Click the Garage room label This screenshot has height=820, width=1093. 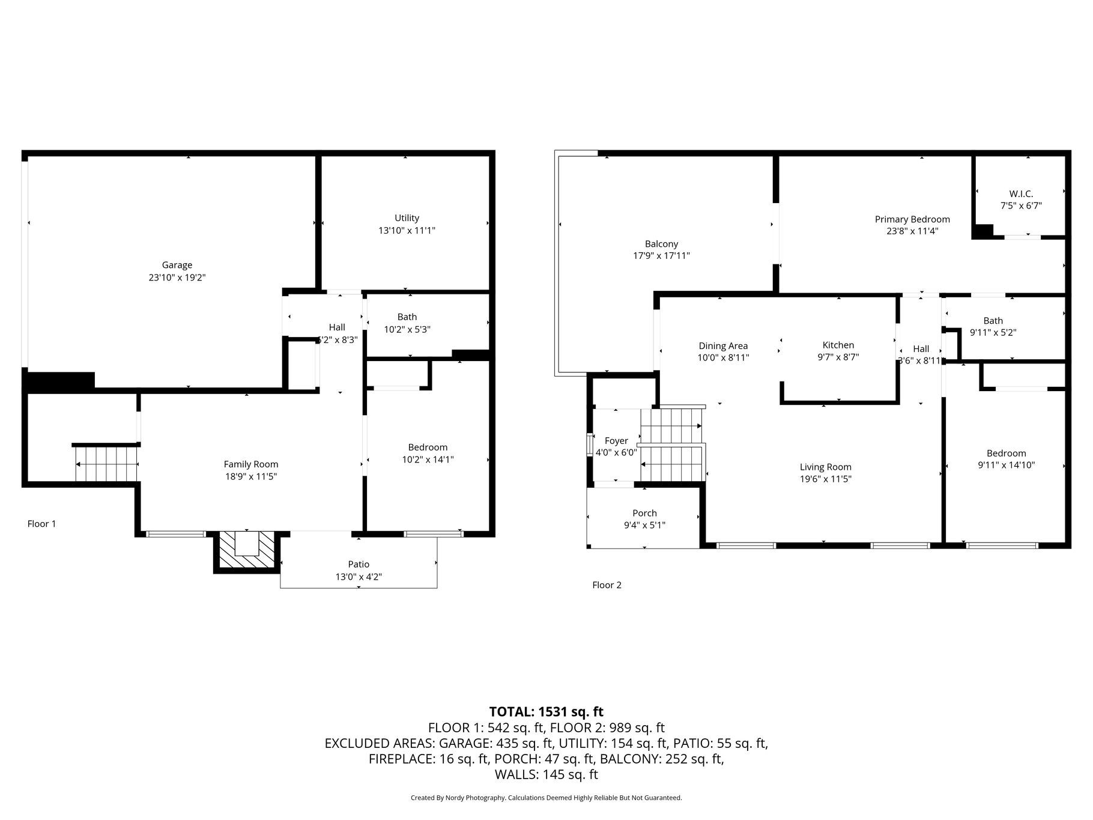177,265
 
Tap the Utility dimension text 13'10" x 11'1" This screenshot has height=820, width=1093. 407,230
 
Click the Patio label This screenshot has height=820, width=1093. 359,564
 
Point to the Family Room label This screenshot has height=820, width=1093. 251,464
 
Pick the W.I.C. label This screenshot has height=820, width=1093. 1021,193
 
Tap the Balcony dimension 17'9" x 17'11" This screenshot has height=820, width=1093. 661,255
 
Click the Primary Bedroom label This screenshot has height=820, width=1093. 912,219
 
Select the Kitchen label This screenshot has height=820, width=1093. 838,345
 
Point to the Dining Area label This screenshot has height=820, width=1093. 723,346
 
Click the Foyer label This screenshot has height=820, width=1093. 616,441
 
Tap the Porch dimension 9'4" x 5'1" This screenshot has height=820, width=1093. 644,525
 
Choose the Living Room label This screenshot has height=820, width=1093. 825,467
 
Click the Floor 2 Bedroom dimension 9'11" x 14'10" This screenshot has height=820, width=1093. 1006,465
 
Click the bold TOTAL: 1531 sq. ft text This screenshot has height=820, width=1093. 546,712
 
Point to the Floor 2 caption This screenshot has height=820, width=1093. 607,585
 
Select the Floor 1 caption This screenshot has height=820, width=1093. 41,524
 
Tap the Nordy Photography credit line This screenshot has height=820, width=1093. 546,798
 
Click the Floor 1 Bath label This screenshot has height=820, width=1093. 407,317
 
